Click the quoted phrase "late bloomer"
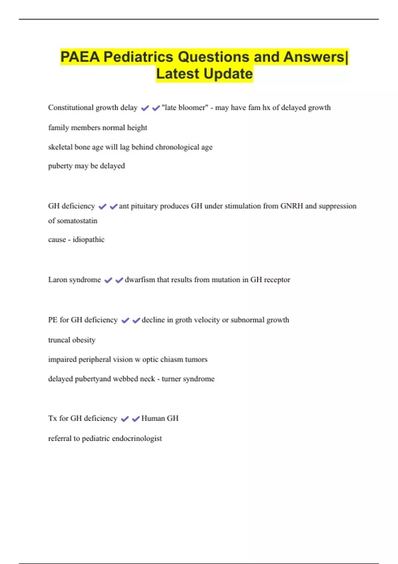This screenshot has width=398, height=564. pos(185,107)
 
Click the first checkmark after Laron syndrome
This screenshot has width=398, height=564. pos(108,280)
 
